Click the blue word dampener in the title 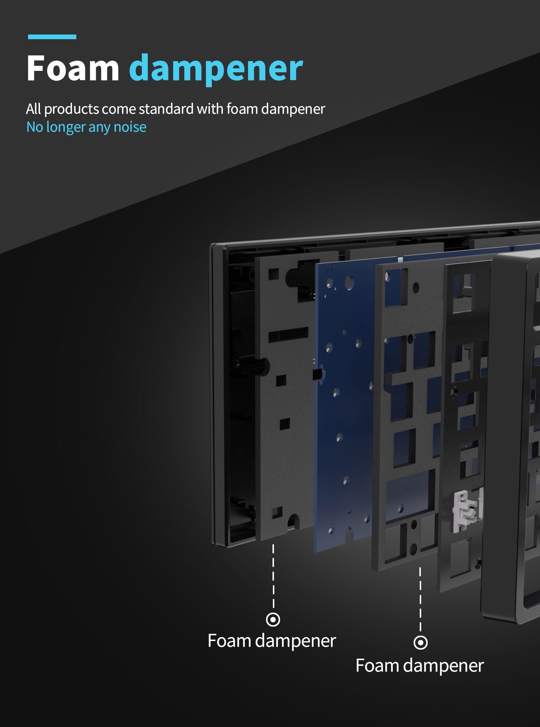point(216,69)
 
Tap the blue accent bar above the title point(52,37)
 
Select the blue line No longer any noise point(86,127)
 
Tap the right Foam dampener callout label point(420,665)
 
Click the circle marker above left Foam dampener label point(273,619)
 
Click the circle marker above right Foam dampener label point(420,642)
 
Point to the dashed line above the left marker point(273,576)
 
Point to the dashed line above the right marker point(420,599)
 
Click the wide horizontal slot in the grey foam point(288,335)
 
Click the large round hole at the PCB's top point(349,283)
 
